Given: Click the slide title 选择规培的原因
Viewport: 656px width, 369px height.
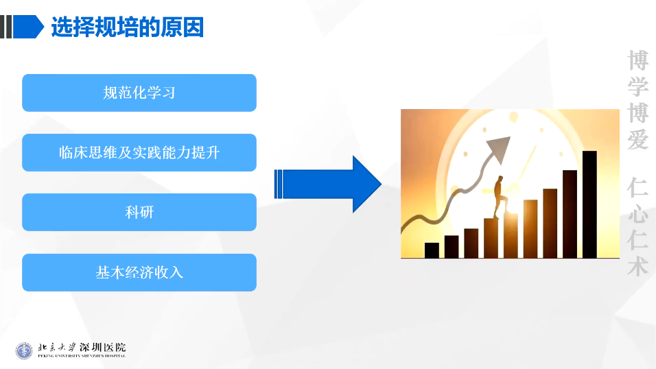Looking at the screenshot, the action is [x=127, y=27].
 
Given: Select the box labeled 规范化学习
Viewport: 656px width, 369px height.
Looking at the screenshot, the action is [x=139, y=93].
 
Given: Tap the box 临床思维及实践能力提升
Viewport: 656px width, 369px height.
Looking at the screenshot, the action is [x=139, y=153].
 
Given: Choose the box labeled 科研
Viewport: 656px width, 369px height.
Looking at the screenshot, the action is [x=139, y=212].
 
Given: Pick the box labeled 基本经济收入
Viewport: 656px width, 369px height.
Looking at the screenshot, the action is [x=139, y=272].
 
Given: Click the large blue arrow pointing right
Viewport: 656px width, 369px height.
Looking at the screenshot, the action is [x=327, y=184].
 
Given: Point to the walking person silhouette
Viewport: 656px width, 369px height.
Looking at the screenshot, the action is [x=500, y=197].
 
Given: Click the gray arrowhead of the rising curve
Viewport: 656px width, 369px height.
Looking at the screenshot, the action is [x=500, y=149].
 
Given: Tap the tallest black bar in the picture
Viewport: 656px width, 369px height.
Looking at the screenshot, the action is [x=589, y=204].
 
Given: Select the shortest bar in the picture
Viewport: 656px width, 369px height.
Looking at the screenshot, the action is [x=432, y=250].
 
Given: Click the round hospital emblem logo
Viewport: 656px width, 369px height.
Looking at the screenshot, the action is [x=24, y=350].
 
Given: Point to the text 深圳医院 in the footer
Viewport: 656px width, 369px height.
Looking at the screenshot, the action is [x=102, y=347].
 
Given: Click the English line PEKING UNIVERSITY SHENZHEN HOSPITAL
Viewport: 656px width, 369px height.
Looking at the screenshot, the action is [x=82, y=355].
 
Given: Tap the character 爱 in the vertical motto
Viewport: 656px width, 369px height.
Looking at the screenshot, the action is [x=637, y=139].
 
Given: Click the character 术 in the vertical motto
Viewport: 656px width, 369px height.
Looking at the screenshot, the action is [x=637, y=266].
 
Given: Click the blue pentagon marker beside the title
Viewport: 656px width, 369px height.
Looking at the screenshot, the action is [x=28, y=27].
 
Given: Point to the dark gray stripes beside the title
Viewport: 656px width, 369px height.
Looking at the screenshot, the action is [x=6, y=27].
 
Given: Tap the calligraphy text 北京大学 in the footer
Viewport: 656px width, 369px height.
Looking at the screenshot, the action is [x=57, y=347].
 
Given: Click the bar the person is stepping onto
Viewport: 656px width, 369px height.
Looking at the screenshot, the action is [x=511, y=235].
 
